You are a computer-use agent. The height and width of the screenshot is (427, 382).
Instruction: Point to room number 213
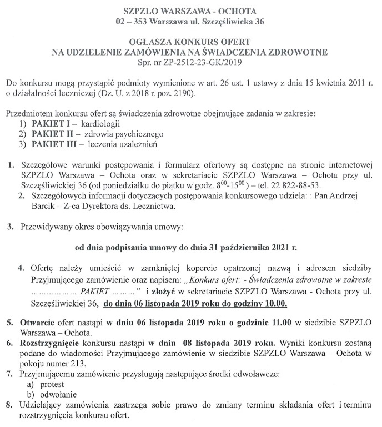click(78, 364)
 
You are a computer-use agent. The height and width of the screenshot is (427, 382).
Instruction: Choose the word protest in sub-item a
click(50, 384)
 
